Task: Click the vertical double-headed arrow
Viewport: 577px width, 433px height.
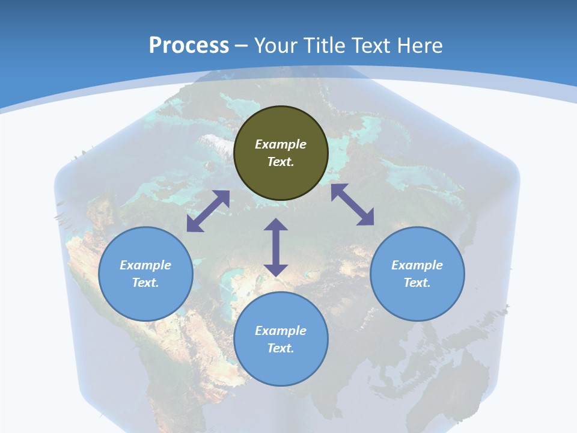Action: point(276,247)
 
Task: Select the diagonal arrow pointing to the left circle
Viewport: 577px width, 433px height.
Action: point(208,211)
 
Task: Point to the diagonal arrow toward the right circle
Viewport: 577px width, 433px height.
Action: point(352,204)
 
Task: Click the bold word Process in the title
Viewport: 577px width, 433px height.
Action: point(189,45)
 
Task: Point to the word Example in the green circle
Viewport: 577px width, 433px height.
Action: point(281,144)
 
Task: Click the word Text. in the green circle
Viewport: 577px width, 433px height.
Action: point(281,162)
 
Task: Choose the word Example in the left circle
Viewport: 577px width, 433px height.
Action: point(145,265)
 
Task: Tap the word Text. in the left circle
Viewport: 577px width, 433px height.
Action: point(145,283)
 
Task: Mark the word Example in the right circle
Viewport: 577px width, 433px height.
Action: point(417,265)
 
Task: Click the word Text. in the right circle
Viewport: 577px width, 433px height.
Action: point(417,283)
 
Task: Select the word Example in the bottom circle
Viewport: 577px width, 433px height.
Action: point(281,331)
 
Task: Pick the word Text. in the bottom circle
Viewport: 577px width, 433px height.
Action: point(281,348)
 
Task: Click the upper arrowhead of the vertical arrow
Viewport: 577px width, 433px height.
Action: point(276,225)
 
